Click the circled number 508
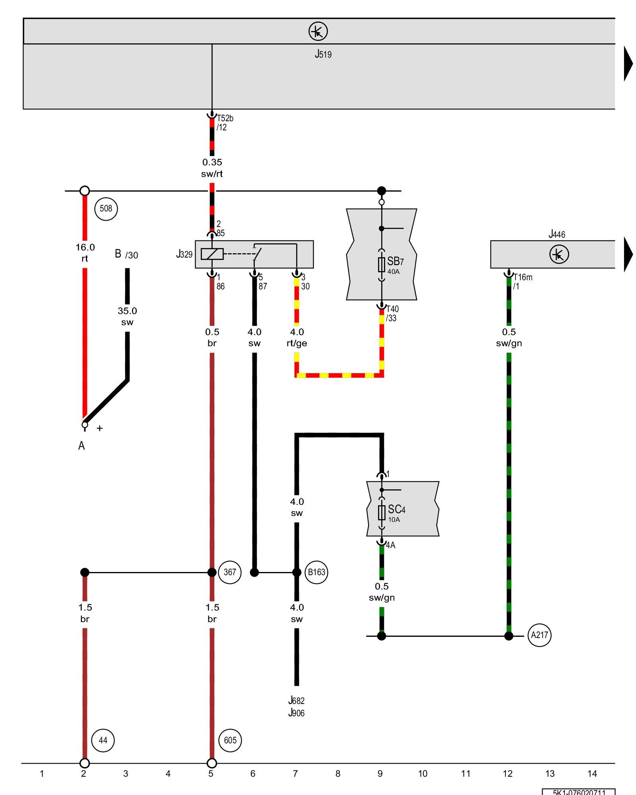coord(106,209)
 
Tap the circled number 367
coord(230,572)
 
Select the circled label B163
coord(316,572)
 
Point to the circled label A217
coord(539,635)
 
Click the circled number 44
coord(103,740)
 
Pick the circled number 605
coord(230,740)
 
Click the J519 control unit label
coord(323,54)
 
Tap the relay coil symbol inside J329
coord(212,254)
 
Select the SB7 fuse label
coord(395,262)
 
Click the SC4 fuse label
coord(396,510)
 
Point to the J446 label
coord(556,234)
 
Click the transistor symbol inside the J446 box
coord(559,254)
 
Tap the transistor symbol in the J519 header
coord(318,31)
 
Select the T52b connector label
coord(225,118)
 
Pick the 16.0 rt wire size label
coord(85,252)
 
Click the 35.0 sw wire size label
coord(127,316)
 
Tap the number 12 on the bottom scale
coord(508,774)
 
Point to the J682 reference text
coord(297,700)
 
